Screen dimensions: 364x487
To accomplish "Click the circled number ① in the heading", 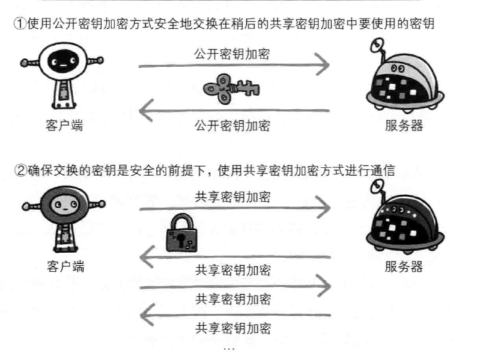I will (19, 24).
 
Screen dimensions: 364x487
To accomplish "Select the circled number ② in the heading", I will (19, 170).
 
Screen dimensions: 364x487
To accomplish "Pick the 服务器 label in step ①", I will (404, 125).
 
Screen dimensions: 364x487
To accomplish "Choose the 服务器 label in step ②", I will (404, 266).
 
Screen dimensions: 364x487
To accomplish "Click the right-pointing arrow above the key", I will (234, 65).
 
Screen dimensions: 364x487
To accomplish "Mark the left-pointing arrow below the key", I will (234, 111).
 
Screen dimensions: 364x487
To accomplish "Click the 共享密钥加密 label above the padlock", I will (233, 197).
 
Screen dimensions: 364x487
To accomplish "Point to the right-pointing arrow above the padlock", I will (234, 208).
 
